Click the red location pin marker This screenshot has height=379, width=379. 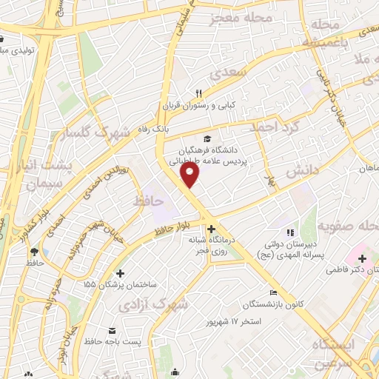click(190, 175)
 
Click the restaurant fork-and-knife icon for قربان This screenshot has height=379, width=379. click(198, 93)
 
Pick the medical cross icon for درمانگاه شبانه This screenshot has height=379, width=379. click(212, 230)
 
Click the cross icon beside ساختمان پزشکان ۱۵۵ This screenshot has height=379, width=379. click(121, 273)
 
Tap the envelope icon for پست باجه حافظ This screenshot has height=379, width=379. click(112, 329)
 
